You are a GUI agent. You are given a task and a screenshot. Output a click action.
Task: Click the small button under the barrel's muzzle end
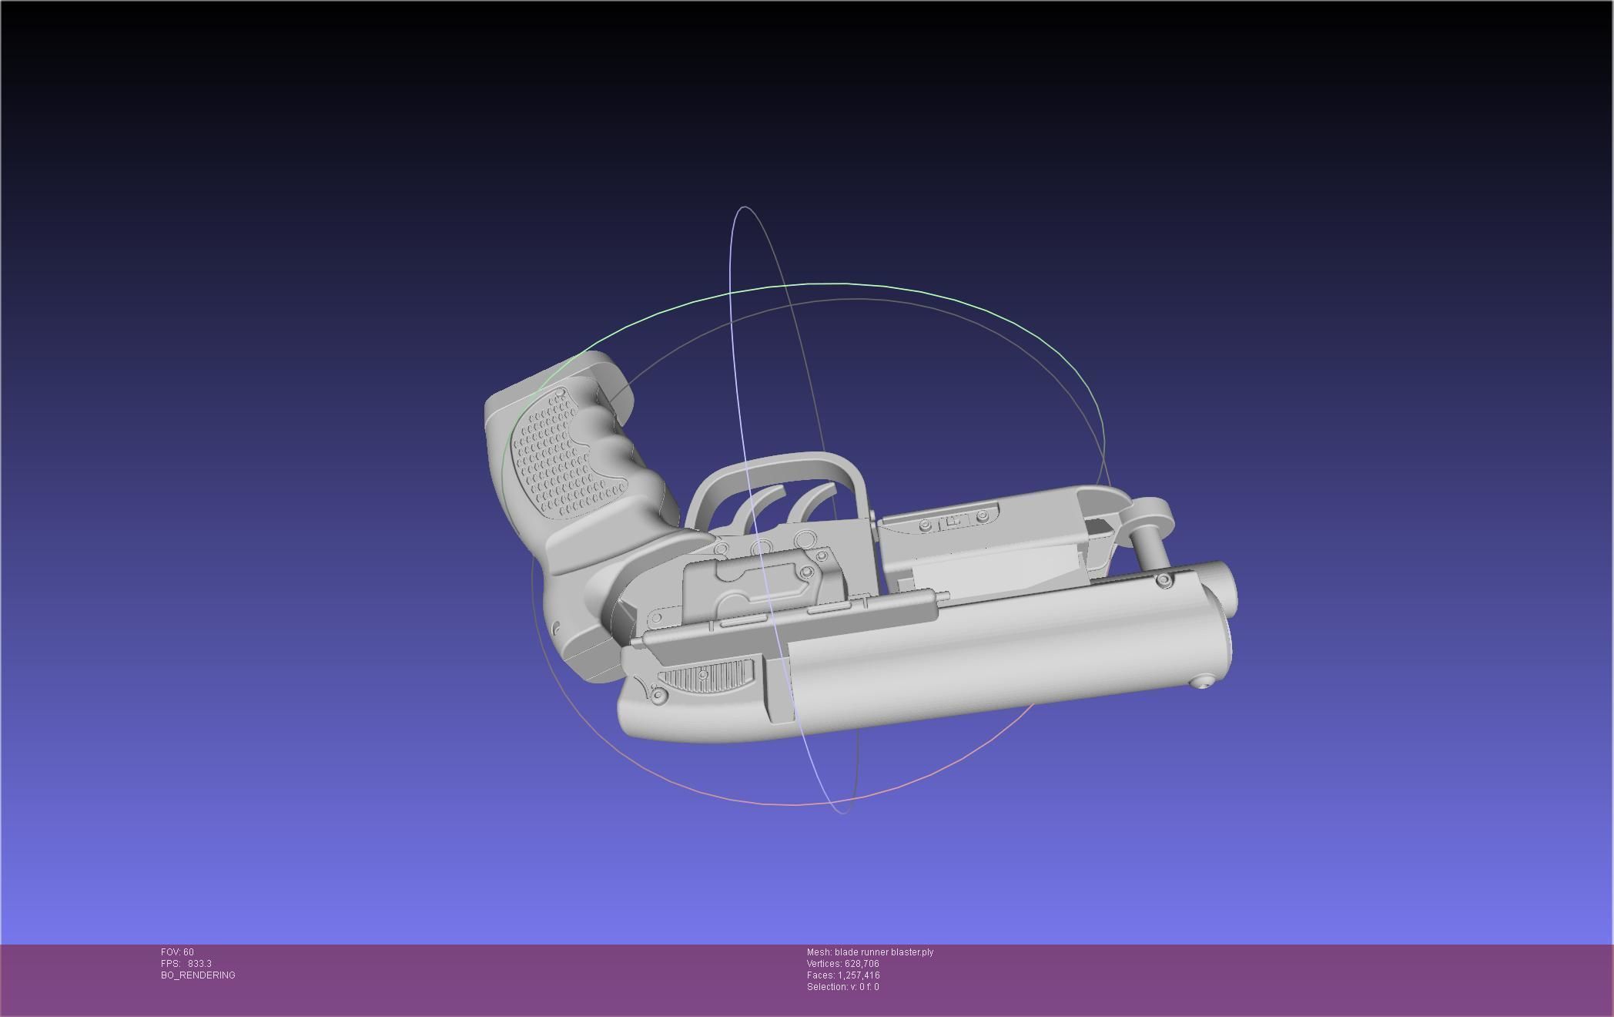pos(1202,681)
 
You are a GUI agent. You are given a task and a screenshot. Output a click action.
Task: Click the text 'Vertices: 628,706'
pos(842,964)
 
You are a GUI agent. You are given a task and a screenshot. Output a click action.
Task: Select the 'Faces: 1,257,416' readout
pos(842,975)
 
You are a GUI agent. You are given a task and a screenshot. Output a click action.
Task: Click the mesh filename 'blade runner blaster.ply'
pos(884,952)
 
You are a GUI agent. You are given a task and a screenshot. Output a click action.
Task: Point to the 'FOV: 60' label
pos(177,952)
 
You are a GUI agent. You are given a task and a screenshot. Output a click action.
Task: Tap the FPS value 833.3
pos(199,964)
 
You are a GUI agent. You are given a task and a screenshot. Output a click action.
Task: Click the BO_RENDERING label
pos(198,975)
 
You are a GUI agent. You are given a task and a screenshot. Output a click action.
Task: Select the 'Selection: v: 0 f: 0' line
pos(842,987)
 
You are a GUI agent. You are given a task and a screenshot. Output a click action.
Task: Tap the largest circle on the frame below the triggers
pos(805,537)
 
